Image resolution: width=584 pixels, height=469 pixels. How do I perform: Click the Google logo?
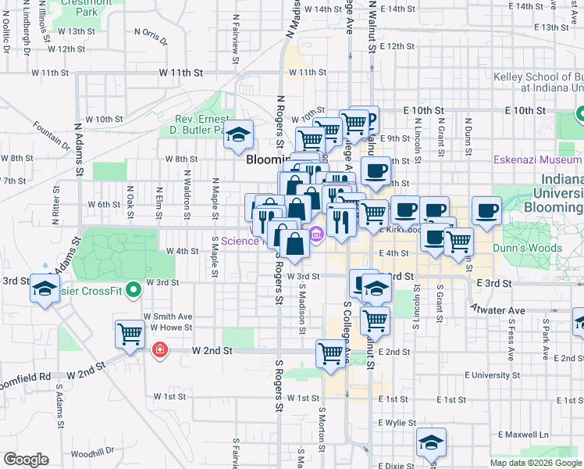27,460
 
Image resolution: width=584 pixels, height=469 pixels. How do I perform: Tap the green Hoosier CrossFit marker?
134,289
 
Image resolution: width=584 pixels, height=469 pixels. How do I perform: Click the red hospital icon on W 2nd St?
159,349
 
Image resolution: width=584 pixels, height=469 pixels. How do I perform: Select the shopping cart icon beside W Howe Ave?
130,334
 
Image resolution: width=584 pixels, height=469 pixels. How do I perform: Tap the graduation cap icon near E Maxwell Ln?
431,442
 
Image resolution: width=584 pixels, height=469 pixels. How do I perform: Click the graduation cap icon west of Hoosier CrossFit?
45,288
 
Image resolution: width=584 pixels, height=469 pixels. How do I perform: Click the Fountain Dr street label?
52,134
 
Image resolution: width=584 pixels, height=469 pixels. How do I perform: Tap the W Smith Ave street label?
167,316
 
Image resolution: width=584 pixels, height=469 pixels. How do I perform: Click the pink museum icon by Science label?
316,234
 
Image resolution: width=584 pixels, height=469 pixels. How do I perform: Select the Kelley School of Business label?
539,77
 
